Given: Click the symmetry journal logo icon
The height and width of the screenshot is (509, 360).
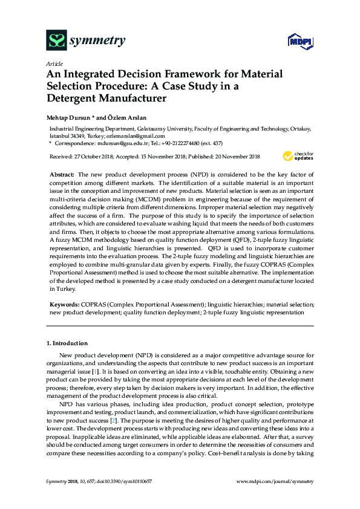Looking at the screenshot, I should pyautogui.click(x=56, y=41).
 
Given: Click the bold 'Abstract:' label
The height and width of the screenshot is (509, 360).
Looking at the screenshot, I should pyautogui.click(x=62, y=173).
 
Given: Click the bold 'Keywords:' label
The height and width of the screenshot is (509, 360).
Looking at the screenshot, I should pyautogui.click(x=64, y=305).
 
